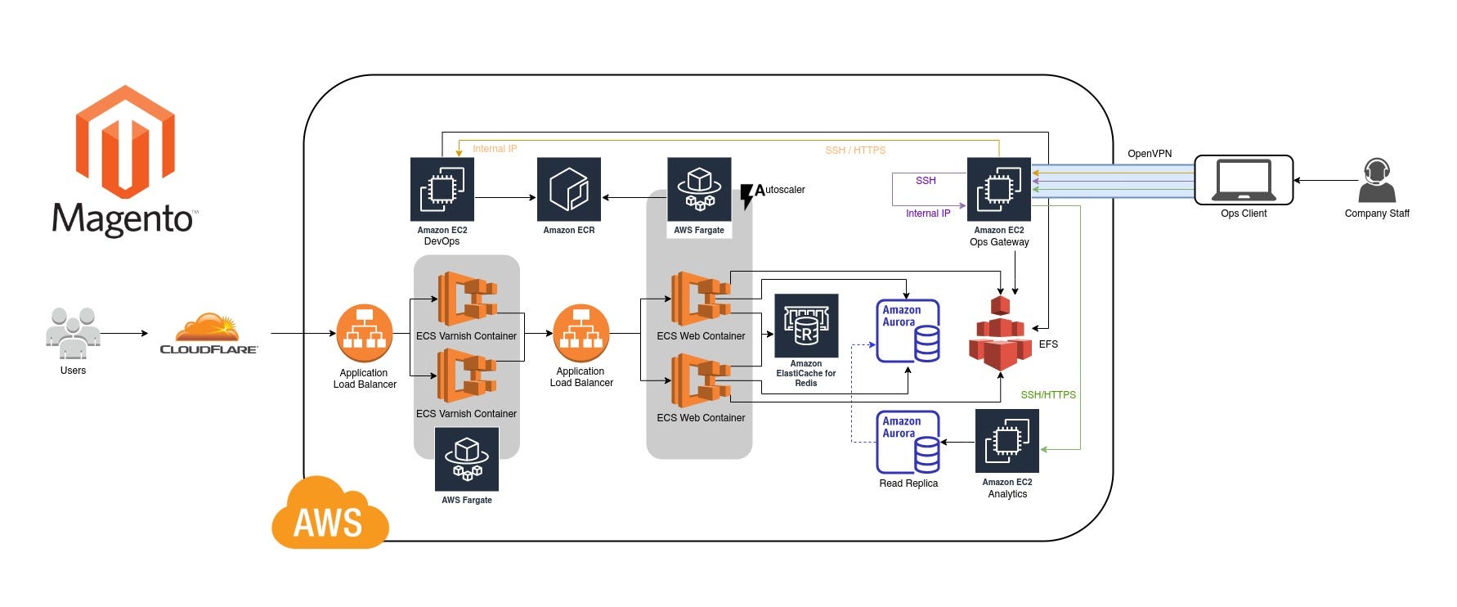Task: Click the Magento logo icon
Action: tap(125, 142)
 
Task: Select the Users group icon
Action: tap(73, 333)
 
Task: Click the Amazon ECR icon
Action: tap(569, 190)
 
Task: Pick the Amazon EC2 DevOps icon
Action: tap(442, 190)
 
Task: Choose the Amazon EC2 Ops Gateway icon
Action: tap(998, 190)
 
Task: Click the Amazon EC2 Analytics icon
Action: tap(1006, 442)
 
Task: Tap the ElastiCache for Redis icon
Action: tap(806, 326)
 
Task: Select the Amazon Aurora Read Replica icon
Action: tap(908, 443)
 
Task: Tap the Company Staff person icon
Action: tap(1376, 181)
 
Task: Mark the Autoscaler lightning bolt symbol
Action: tap(746, 196)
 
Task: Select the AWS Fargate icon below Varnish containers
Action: tap(467, 459)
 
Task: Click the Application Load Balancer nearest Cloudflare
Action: tap(365, 334)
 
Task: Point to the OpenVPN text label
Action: tap(1149, 154)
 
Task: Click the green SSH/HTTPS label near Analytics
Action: tap(1047, 395)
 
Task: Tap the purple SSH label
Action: tap(926, 181)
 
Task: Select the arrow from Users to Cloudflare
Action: tap(124, 333)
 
